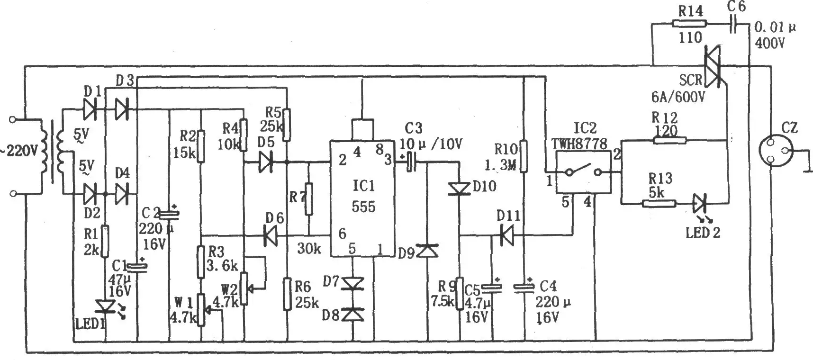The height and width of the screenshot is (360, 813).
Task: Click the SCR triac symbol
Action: (x=713, y=66)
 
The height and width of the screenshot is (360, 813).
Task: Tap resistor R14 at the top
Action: (x=689, y=23)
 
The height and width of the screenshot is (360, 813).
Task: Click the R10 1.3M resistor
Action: (x=524, y=156)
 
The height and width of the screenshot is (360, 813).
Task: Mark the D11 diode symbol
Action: (x=506, y=234)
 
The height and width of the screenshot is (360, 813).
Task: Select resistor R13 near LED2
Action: (x=659, y=204)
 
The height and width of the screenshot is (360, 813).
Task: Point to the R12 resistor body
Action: (x=669, y=140)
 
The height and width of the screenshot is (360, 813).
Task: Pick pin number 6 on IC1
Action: (x=342, y=234)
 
